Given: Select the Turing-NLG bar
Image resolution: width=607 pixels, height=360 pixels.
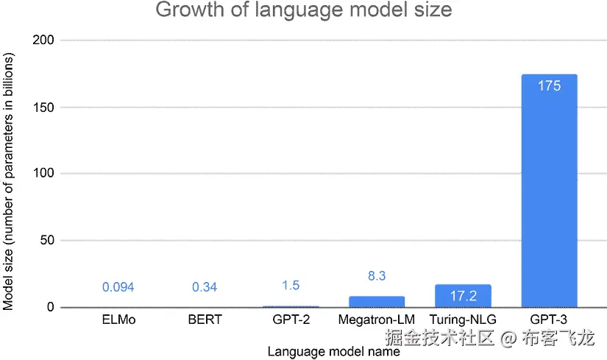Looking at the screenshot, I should [463, 297].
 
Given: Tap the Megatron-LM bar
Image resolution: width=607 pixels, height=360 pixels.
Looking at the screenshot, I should [377, 302].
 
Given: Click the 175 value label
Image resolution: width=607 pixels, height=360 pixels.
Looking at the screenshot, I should [549, 86].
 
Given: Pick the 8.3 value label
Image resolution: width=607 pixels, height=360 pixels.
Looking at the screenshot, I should [377, 276].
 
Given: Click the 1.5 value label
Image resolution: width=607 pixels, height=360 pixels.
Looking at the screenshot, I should [291, 286].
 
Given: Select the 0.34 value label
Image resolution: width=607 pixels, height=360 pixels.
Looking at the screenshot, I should [205, 287].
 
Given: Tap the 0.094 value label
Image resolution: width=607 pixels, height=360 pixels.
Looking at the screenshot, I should [118, 287].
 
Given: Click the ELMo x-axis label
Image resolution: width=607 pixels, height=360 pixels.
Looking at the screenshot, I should [118, 320].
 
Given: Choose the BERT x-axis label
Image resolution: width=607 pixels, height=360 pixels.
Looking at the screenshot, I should [205, 320].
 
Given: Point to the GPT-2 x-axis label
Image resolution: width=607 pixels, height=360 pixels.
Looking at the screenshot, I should [291, 320].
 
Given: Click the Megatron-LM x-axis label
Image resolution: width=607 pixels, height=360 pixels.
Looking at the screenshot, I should [377, 320].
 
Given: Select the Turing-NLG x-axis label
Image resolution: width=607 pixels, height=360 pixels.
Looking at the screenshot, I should [463, 320].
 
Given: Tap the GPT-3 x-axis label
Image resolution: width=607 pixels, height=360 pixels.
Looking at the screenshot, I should [549, 320].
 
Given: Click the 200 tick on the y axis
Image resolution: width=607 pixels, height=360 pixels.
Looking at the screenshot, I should [43, 40].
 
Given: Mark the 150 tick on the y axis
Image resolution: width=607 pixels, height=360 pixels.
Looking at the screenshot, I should [43, 107].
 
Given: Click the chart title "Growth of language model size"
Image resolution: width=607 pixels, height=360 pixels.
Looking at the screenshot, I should [303, 11].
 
